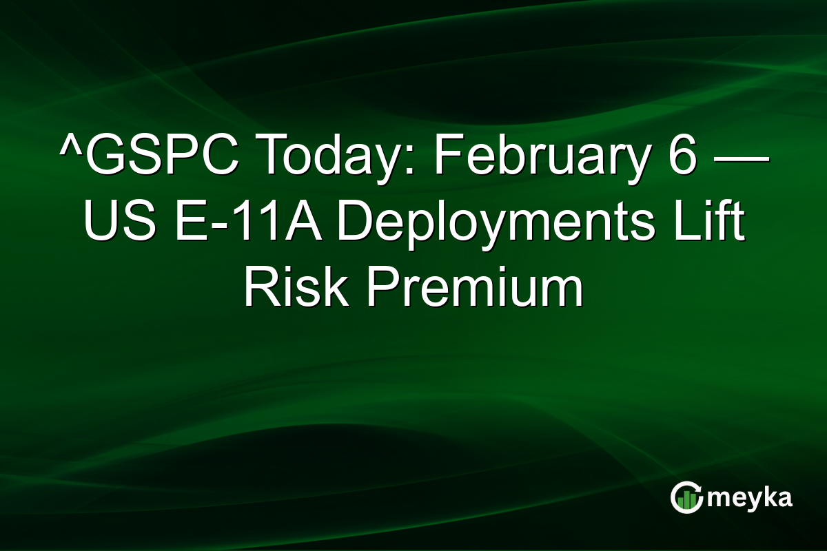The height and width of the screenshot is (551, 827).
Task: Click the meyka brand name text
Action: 751,497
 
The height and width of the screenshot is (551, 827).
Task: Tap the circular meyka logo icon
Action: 687,497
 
